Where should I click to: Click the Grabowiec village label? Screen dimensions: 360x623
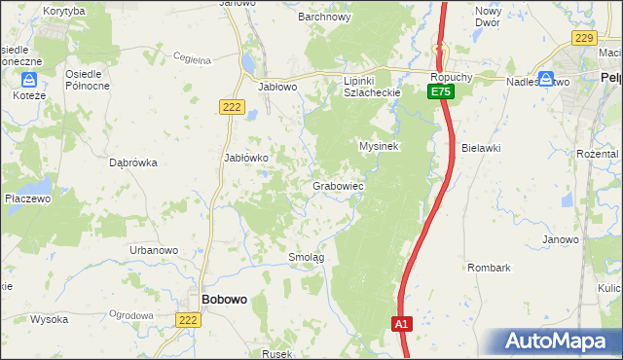click(x=338, y=185)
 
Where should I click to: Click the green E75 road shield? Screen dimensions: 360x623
click(x=441, y=91)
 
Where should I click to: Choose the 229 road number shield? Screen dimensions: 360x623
click(x=583, y=38)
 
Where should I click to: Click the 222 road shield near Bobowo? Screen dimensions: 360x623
click(x=188, y=319)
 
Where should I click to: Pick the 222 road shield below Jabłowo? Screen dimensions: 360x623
click(x=231, y=108)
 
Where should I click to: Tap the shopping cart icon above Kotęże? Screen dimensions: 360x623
click(x=29, y=80)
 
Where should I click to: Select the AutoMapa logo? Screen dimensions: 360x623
click(x=559, y=342)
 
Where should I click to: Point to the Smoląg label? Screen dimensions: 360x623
click(x=306, y=257)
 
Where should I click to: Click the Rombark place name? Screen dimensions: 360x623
click(x=489, y=267)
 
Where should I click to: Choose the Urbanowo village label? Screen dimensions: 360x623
click(x=154, y=250)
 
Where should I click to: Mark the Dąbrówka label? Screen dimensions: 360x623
click(x=134, y=163)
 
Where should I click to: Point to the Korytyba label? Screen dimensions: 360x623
click(x=64, y=10)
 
